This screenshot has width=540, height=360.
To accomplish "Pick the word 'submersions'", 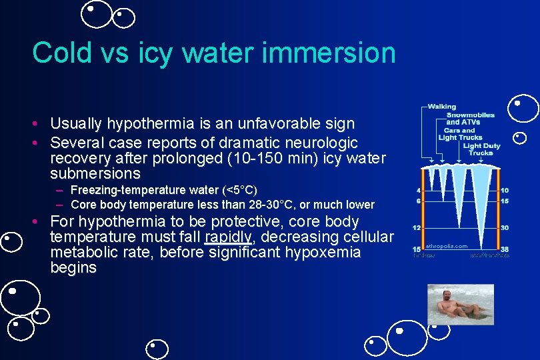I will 95,174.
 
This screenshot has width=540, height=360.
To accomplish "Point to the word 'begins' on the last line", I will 73,268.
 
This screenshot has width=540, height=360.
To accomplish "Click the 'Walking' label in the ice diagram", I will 441,107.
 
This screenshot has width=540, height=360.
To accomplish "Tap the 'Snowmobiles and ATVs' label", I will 470,118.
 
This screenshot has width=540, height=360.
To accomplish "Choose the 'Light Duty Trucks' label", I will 481,149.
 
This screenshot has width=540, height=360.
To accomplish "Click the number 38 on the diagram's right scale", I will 505,249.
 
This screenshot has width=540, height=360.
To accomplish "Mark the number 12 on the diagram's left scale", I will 417,227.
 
